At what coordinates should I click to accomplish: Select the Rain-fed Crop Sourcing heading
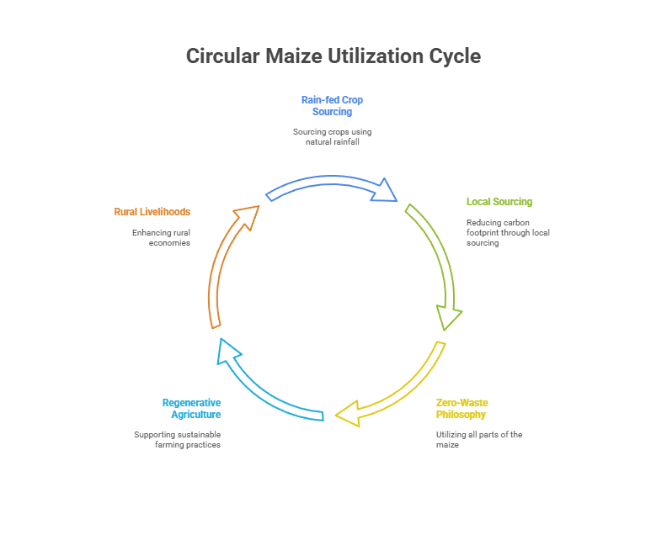click(332, 105)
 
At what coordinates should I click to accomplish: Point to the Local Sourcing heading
click(499, 202)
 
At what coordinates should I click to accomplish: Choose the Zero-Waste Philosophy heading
click(462, 408)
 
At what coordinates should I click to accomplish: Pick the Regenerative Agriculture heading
click(192, 408)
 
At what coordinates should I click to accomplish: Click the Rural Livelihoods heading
click(152, 212)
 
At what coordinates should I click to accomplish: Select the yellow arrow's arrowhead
click(347, 414)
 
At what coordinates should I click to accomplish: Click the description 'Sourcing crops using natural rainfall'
click(332, 136)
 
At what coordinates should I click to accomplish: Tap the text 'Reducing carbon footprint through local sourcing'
click(508, 232)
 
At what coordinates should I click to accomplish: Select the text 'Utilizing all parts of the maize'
click(479, 439)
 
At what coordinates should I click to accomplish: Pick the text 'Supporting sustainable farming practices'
click(177, 439)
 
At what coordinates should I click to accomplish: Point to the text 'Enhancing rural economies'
click(161, 237)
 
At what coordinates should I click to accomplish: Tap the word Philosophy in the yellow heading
click(462, 414)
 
